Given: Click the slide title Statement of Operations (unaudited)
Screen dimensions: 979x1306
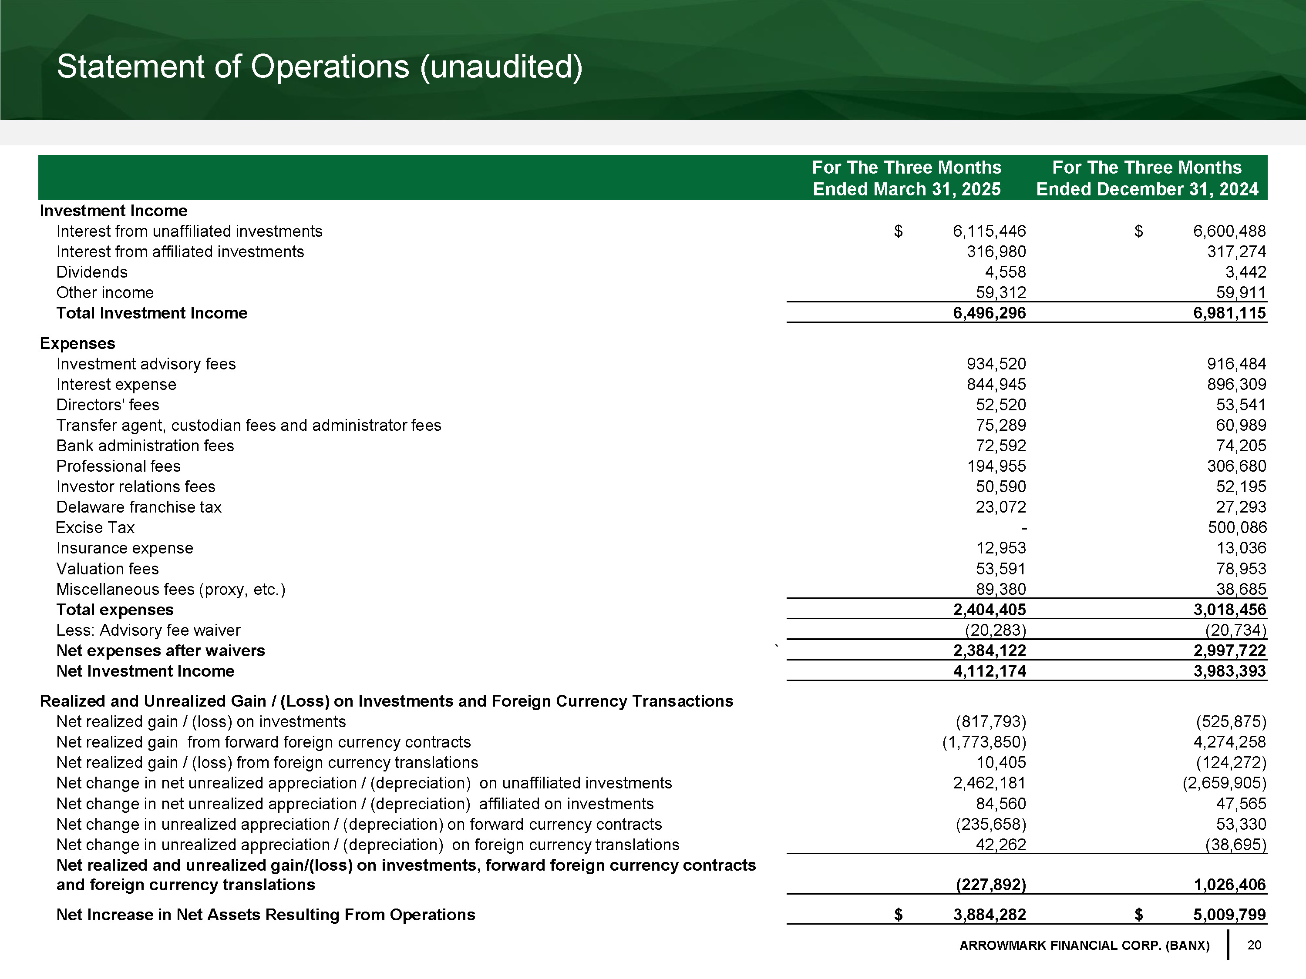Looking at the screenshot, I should pyautogui.click(x=320, y=66).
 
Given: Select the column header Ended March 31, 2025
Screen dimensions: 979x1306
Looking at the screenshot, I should pyautogui.click(x=906, y=189).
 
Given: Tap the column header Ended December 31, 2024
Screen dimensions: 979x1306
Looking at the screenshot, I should pyautogui.click(x=1147, y=189).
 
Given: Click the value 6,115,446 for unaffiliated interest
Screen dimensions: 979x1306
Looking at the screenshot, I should pyautogui.click(x=989, y=231).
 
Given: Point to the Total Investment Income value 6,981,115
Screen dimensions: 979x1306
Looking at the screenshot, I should pyautogui.click(x=1229, y=313).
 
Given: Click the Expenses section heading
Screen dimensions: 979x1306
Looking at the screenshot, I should pyautogui.click(x=77, y=343).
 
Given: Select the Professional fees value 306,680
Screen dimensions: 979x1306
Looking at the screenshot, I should pyautogui.click(x=1236, y=466).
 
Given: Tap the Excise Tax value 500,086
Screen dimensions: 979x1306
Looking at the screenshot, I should pyautogui.click(x=1236, y=527).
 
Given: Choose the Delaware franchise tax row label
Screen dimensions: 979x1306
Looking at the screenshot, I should pyautogui.click(x=139, y=507).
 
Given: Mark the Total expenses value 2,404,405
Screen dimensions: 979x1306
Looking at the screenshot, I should pyautogui.click(x=989, y=610).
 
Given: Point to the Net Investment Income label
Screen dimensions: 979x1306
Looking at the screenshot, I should pyautogui.click(x=145, y=671).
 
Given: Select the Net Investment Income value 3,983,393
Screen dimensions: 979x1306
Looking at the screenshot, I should pyautogui.click(x=1229, y=671).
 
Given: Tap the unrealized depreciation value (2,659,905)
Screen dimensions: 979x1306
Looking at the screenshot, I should pyautogui.click(x=1224, y=783).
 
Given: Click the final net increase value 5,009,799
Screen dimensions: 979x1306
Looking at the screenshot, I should pyautogui.click(x=1229, y=915).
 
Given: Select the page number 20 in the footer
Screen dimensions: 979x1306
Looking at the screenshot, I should pyautogui.click(x=1254, y=945).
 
